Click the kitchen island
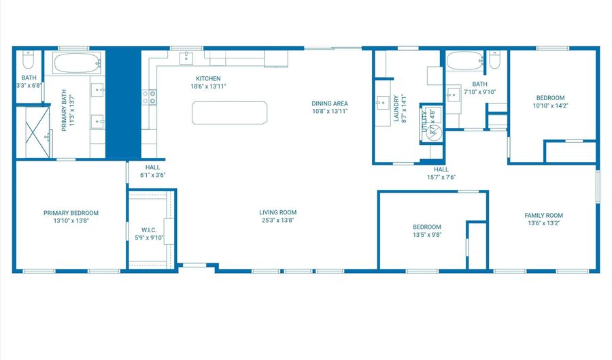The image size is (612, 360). point(229,112)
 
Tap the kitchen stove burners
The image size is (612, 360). point(149,97)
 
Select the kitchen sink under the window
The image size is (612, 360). point(186,59)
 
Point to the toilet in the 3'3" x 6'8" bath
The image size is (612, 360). point(28,61)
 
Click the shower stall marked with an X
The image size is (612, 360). point(33,132)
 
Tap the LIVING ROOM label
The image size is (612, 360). point(279,212)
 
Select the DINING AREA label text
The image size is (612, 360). point(330,103)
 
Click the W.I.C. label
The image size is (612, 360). point(149,229)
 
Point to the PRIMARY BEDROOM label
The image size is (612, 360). point(71,212)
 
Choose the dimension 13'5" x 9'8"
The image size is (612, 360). point(427,235)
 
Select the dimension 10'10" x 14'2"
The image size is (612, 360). point(550,105)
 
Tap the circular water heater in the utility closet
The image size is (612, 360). point(430,129)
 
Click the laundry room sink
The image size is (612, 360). point(381,103)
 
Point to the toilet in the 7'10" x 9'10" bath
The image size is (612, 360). point(494,63)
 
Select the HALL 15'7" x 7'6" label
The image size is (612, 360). point(441,173)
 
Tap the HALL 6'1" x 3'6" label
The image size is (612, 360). point(152,171)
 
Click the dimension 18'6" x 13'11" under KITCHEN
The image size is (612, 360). point(208,86)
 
